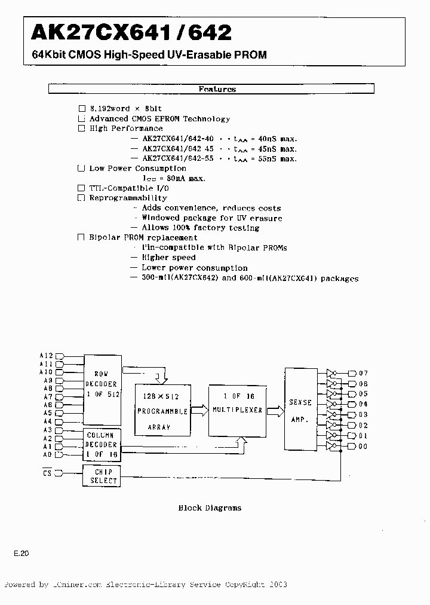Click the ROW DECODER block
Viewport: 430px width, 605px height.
102,388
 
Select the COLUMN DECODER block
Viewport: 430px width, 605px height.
102,445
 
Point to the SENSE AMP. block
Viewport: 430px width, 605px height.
301,409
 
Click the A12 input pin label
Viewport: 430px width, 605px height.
46,355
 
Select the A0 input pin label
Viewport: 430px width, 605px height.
48,455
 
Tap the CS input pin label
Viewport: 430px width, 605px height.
47,473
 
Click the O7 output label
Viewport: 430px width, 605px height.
364,373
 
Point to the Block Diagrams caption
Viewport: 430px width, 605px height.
210,508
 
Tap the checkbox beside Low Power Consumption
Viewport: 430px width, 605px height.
81,169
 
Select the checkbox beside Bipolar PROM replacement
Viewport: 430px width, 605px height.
81,237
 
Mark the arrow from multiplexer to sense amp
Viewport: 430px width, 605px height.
274,411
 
